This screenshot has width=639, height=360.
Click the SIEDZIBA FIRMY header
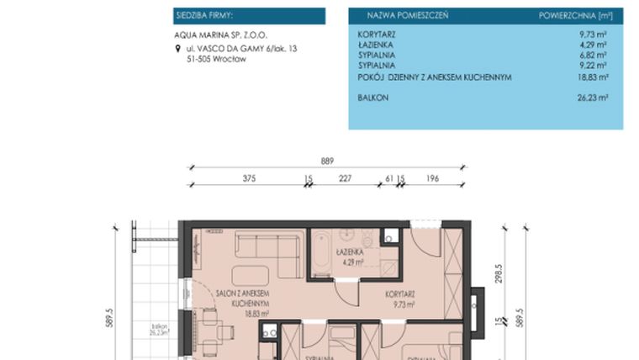204,16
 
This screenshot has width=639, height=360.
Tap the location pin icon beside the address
177,50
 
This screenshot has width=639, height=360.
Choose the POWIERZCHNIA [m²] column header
574,16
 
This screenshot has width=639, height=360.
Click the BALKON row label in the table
372,98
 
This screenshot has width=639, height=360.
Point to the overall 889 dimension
326,161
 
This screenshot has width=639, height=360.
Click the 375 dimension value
248,178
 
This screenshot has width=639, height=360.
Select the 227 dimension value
345,178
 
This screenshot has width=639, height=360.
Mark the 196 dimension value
432,178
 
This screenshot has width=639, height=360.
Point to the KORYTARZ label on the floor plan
401,294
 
